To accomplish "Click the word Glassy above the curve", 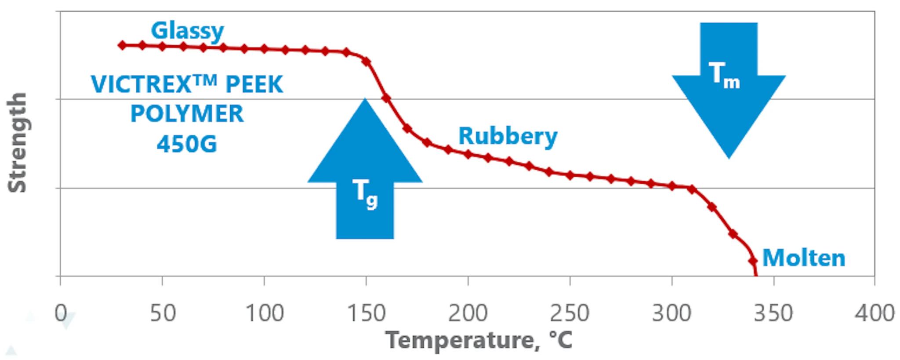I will point(187,31).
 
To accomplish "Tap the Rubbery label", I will point(508,136).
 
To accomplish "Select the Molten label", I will point(803,258).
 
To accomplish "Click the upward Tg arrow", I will point(365,176).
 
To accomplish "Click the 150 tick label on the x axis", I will point(366,313).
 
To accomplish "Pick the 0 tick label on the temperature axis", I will point(61,313).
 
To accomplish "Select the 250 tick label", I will point(570,313).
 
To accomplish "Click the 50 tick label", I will point(163,313).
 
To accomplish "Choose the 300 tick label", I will point(671,313).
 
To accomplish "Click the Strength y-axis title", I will point(18,142).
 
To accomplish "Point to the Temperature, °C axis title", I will point(479,340).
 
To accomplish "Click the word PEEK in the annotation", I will point(254,84).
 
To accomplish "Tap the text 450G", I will point(187,144).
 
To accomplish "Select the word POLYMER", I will point(187,114).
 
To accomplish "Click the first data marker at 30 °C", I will point(122,45).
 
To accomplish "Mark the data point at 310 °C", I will point(692,189).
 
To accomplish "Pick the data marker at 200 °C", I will point(468,154).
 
